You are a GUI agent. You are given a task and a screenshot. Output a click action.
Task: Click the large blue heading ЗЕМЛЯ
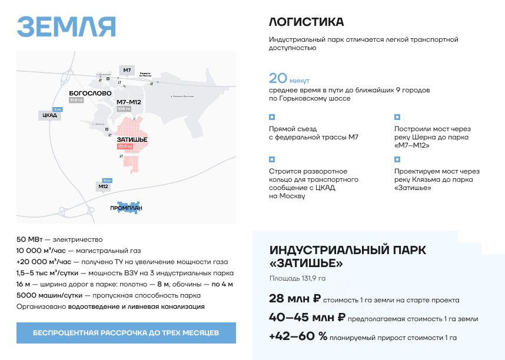click(66, 26)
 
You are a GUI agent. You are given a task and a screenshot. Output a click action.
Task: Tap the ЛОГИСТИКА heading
click(306, 22)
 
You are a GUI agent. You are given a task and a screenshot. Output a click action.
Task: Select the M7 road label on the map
click(127, 70)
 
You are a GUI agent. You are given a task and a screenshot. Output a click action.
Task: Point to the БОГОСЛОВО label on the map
click(90, 94)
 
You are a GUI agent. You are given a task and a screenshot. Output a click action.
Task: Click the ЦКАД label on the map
click(49, 115)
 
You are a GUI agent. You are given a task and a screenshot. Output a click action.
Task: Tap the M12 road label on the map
click(103, 186)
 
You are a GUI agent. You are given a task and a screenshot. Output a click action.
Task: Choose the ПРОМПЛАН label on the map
click(126, 208)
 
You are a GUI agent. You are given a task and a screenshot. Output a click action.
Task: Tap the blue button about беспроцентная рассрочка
click(126, 333)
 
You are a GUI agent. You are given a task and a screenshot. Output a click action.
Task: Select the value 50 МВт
click(29, 239)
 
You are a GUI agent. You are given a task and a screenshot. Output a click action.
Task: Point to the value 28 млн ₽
click(295, 299)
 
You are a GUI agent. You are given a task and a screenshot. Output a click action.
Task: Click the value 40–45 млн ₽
click(307, 318)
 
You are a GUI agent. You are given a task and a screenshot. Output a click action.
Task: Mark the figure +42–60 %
click(298, 337)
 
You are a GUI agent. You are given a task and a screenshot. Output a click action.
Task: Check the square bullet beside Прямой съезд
click(271, 117)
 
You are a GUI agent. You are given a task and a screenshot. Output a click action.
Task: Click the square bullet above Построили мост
click(397, 117)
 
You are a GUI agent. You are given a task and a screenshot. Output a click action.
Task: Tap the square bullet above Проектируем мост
click(397, 159)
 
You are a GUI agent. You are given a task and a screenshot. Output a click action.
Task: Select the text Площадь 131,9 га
click(297, 278)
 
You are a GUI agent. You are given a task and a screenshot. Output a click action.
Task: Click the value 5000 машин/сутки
click(49, 295)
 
